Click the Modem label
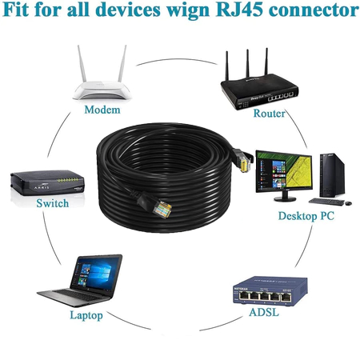pyautogui.click(x=102, y=110)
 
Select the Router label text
pyautogui.click(x=269, y=113)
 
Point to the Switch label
pyautogui.click(x=53, y=203)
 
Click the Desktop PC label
pyautogui.click(x=306, y=216)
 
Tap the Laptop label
pyautogui.click(x=86, y=315)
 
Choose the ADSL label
pyautogui.click(x=264, y=312)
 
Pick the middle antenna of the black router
pyautogui.click(x=248, y=63)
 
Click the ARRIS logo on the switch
pyautogui.click(x=42, y=186)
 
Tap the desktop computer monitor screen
pyautogui.click(x=284, y=171)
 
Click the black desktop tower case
pyautogui.click(x=332, y=175)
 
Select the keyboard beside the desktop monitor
pyautogui.click(x=326, y=202)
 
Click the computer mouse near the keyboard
pyautogui.click(x=348, y=203)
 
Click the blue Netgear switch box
pyautogui.click(x=270, y=291)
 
